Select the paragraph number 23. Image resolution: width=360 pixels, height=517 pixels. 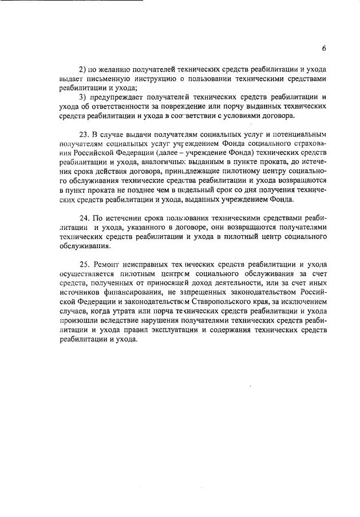[x=84, y=134]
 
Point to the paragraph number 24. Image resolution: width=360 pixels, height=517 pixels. [x=84, y=217]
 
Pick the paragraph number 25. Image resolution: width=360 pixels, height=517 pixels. [x=84, y=264]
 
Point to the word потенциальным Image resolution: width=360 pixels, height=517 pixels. [x=298, y=134]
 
